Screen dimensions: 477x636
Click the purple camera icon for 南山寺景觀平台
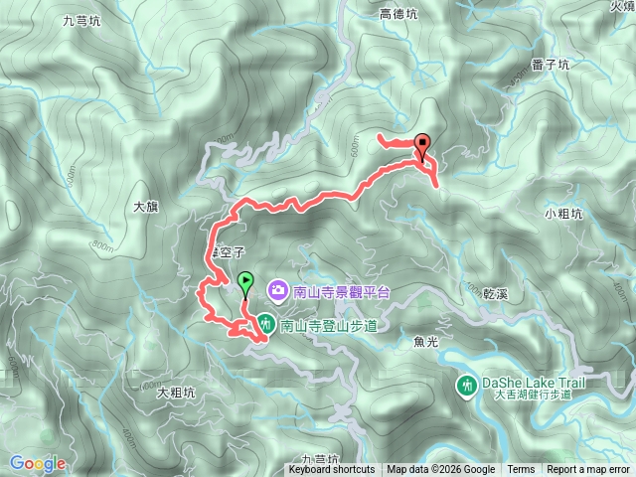click(277, 289)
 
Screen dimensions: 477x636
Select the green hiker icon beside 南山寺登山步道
click(267, 324)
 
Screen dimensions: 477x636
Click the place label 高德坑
click(398, 14)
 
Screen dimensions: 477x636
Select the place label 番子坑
click(551, 65)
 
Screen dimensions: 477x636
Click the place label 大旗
click(146, 208)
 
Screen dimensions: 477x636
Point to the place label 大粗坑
click(176, 393)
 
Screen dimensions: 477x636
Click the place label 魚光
click(424, 342)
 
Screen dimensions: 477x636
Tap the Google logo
click(38, 463)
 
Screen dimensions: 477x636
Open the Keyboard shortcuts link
click(332, 470)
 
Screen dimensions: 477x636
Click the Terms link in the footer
click(521, 470)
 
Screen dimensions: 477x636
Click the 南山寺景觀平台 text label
click(337, 289)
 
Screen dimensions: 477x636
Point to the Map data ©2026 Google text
click(441, 470)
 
